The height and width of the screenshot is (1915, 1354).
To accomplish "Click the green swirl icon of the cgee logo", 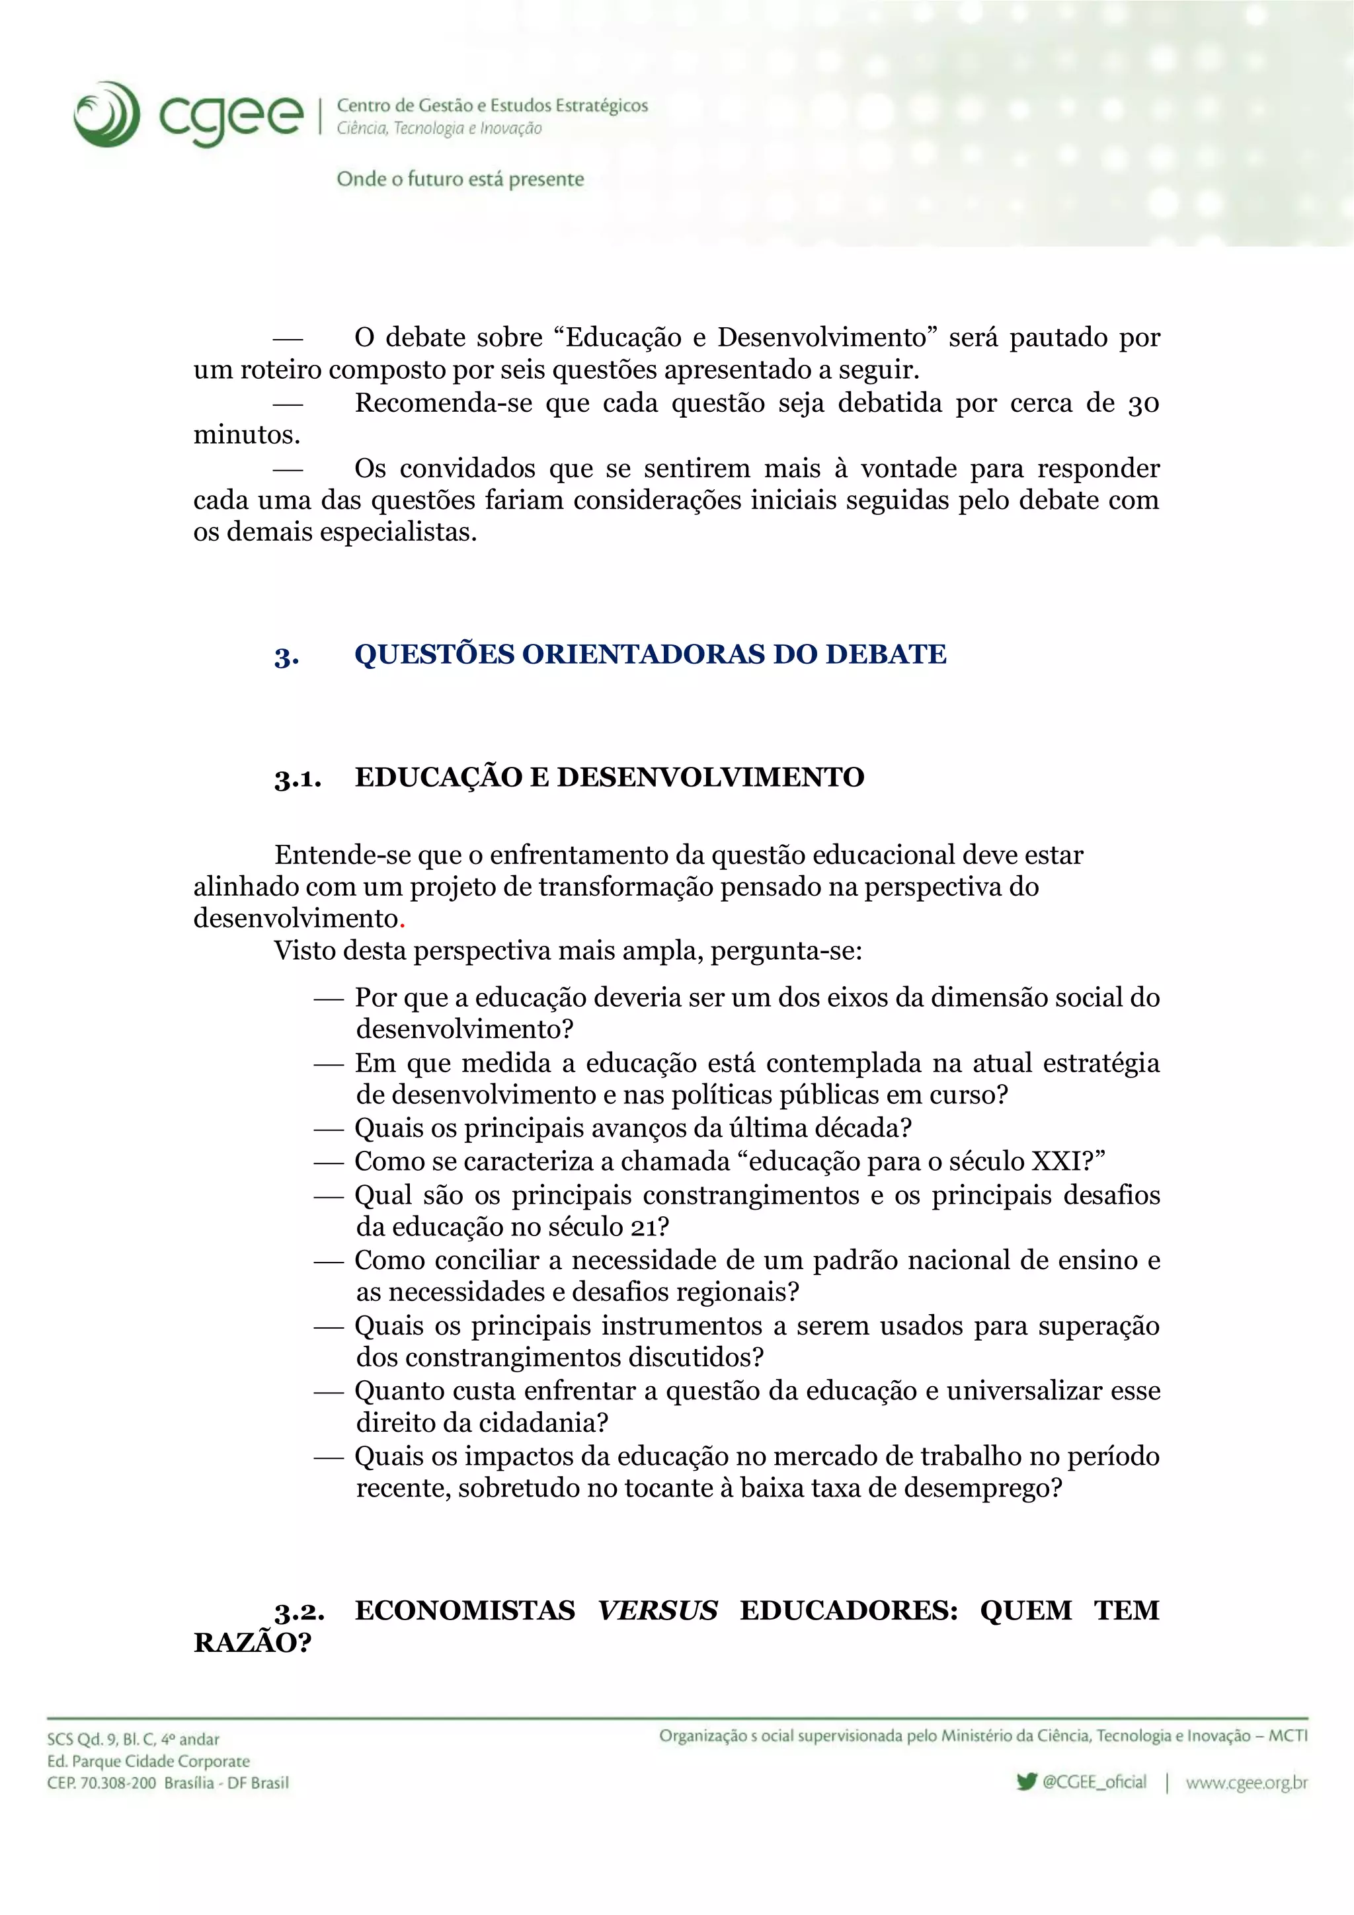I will pyautogui.click(x=107, y=114).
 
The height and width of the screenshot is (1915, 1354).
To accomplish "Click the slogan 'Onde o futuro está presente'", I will pyautogui.click(x=459, y=179).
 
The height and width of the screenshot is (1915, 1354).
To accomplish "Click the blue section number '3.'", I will pyautogui.click(x=286, y=657).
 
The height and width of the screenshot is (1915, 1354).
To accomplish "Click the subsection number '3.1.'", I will pyautogui.click(x=297, y=779).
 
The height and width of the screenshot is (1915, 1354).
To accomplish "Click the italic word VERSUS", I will pyautogui.click(x=657, y=1610).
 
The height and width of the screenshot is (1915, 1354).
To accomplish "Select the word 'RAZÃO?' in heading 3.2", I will pyautogui.click(x=252, y=1643).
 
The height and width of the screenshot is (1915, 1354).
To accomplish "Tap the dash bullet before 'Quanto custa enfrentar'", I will pyautogui.click(x=329, y=1392).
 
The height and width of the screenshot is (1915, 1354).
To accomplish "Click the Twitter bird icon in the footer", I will pyautogui.click(x=1027, y=1781).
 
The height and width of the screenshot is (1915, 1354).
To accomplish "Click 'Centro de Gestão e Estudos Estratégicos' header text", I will pyautogui.click(x=492, y=106).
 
